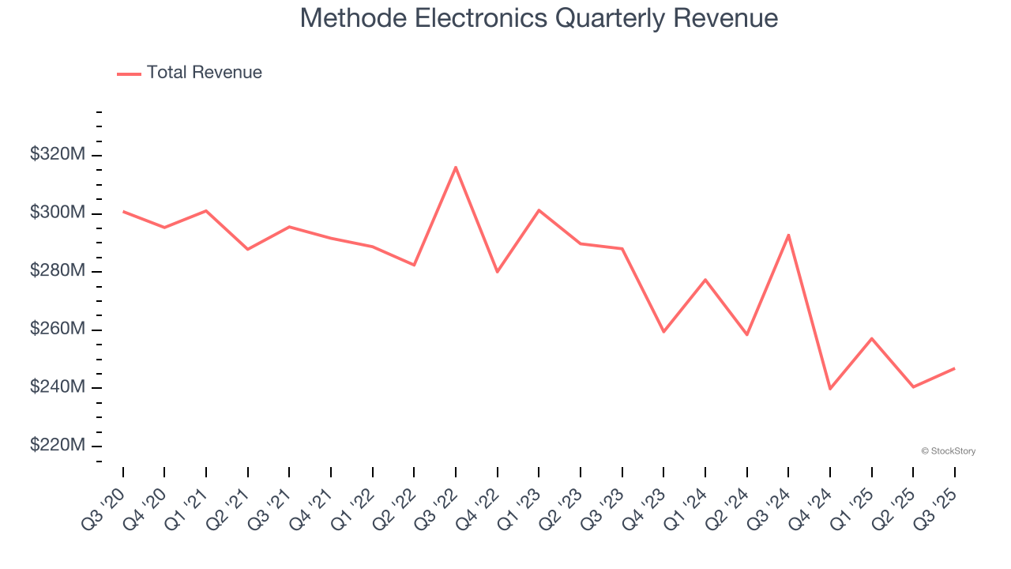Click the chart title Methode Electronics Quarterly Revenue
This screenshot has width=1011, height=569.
point(539,18)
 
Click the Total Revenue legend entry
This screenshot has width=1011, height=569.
point(190,73)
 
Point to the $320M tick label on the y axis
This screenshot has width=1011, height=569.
point(58,154)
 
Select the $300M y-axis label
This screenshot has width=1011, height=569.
point(58,213)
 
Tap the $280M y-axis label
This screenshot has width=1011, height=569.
point(58,271)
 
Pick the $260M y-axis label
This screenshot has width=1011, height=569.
point(58,329)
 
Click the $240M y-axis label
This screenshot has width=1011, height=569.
point(58,387)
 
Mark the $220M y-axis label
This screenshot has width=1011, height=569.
point(58,446)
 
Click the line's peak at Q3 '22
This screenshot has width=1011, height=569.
point(456,167)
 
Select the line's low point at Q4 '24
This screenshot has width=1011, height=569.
point(830,389)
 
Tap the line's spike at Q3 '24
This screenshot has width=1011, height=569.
point(788,235)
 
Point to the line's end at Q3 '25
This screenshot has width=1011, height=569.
point(954,368)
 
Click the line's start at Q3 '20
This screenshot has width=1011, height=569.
point(123,211)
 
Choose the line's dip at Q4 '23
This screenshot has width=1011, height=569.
point(663,332)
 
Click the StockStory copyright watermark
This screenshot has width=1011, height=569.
point(948,451)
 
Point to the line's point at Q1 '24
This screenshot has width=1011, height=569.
point(705,280)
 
